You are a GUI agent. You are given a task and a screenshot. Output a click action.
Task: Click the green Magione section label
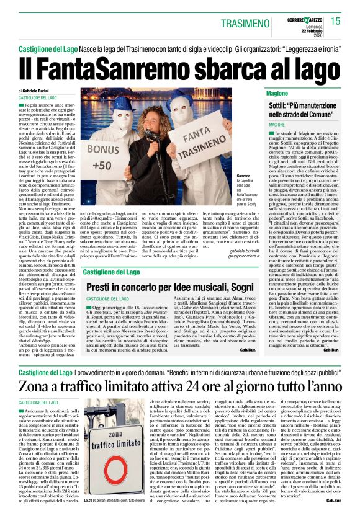pyautogui.click(x=277, y=93)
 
